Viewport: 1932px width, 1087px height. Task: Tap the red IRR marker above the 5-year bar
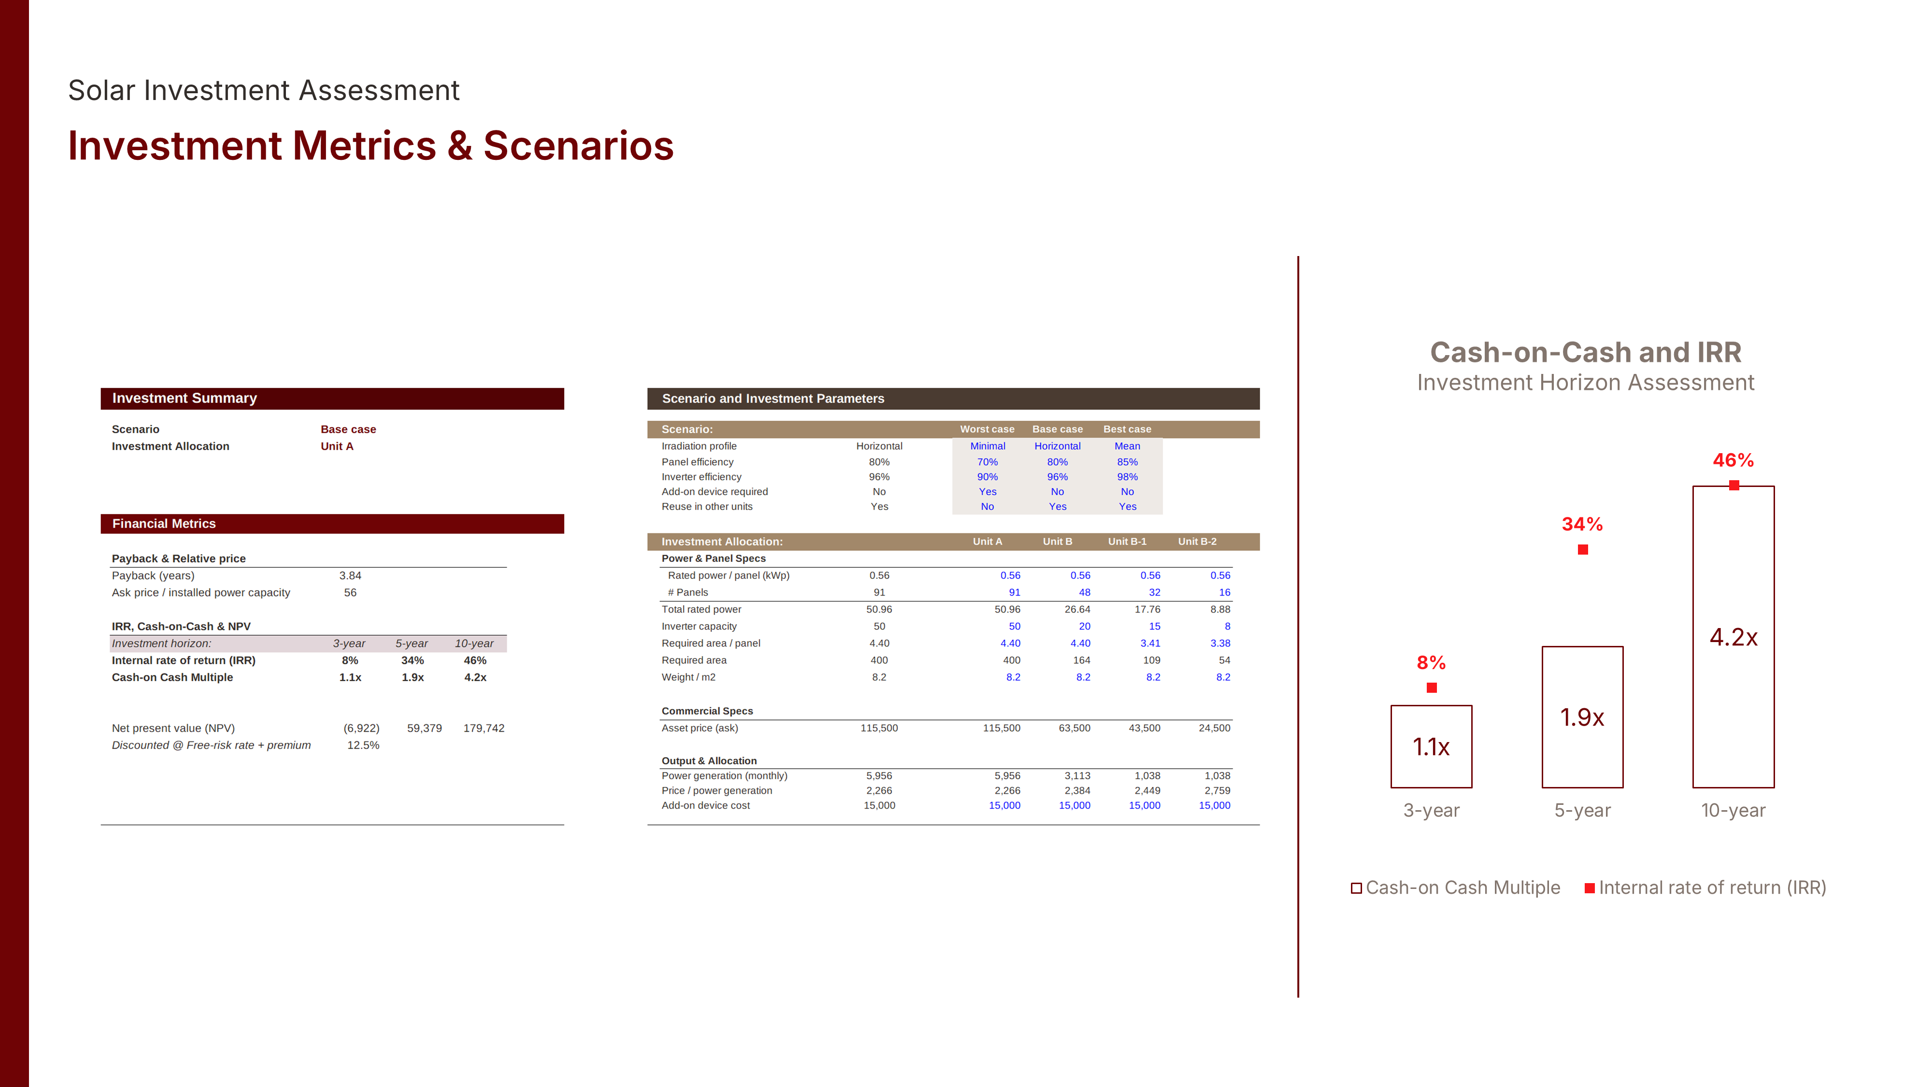point(1582,550)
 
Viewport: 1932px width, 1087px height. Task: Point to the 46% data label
point(1733,460)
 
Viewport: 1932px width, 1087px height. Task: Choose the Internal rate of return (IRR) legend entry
point(1705,887)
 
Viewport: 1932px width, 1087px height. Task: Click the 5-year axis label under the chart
point(1582,810)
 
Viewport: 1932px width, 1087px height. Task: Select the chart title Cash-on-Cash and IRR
point(1586,352)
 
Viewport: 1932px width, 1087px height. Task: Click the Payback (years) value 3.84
point(350,575)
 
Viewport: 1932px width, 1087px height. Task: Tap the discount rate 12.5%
point(363,745)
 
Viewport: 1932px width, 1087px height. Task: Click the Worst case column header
point(987,429)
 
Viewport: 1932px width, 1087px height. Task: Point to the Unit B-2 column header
point(1197,542)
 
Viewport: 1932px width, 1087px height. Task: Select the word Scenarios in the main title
point(578,145)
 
